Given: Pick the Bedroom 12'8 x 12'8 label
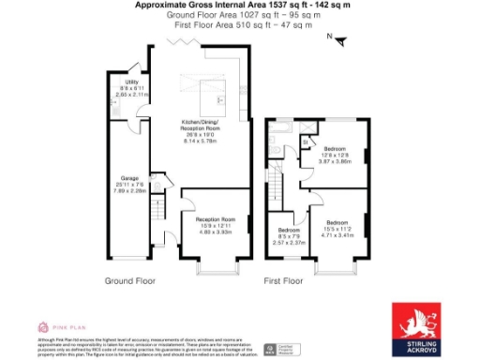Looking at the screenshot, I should pos(336,155).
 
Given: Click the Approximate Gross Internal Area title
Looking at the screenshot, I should pos(243,6).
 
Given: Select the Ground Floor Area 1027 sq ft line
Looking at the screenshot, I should pos(243,16).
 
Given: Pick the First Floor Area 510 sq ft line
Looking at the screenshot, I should pos(243,25).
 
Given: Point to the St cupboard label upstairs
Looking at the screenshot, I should pos(306,143).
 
